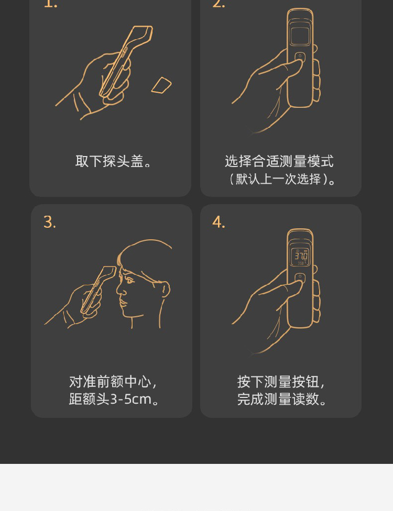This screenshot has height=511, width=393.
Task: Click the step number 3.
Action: (50, 222)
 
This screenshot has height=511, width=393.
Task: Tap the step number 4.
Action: (219, 222)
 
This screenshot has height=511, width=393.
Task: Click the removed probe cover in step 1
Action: (161, 85)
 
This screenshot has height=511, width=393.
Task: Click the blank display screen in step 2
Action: (300, 36)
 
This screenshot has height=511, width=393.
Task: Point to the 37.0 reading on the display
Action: (301, 254)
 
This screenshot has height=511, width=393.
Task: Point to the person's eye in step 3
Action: (129, 280)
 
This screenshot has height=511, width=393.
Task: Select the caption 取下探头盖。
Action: (113, 161)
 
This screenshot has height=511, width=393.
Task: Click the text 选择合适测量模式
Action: (279, 161)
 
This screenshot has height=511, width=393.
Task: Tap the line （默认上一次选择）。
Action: (282, 179)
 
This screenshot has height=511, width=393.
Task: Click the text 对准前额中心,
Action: (113, 382)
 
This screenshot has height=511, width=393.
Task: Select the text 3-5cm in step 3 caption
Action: (131, 399)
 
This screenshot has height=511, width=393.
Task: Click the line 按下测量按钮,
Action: (281, 382)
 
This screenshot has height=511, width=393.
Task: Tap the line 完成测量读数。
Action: (282, 399)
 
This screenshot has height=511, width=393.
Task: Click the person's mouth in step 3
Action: (123, 303)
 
